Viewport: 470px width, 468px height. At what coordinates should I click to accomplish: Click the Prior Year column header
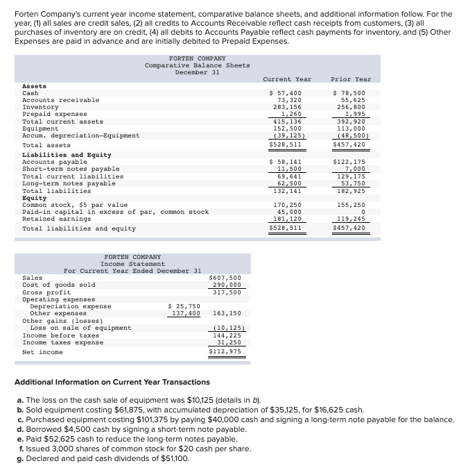[351, 79]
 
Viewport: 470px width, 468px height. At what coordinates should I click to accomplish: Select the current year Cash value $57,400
[285, 93]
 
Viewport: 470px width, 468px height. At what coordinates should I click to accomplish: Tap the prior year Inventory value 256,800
[351, 107]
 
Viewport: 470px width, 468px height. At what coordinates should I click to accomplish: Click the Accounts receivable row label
[61, 100]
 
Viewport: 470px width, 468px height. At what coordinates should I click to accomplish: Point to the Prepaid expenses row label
[55, 114]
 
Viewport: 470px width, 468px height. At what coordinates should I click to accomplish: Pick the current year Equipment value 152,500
[287, 128]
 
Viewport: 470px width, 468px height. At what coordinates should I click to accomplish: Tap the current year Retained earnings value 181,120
[287, 219]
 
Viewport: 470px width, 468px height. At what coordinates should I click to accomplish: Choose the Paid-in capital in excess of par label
[115, 212]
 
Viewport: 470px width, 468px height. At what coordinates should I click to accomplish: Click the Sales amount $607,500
[225, 278]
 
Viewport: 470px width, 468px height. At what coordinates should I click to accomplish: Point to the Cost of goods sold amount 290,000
[227, 285]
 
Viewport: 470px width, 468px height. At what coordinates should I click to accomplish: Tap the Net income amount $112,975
[225, 351]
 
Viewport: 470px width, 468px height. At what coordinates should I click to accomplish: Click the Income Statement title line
[132, 264]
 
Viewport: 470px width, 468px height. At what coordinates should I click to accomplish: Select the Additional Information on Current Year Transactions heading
[112, 382]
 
